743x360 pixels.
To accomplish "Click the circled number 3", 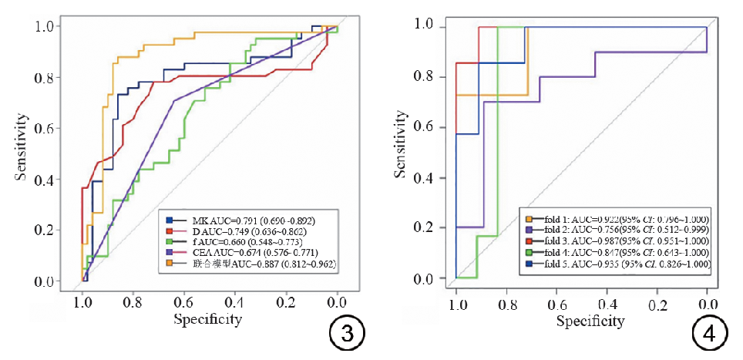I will click(345, 334).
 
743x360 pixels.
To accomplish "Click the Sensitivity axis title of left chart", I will click(22, 147).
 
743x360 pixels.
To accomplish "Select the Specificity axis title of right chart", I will click(582, 320).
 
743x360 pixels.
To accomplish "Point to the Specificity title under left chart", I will click(208, 318).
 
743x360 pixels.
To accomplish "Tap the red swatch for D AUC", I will click(168, 231).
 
